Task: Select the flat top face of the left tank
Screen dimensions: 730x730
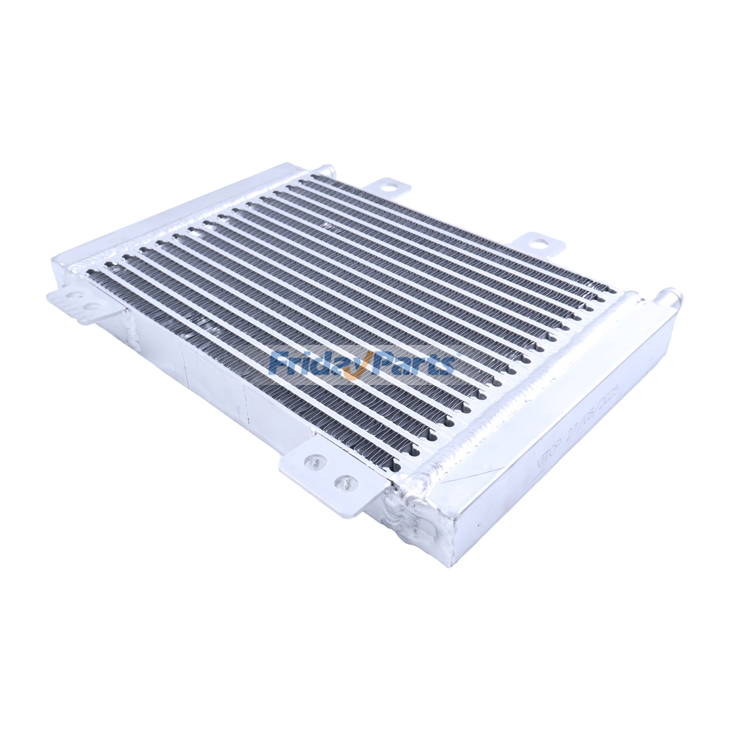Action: (182, 210)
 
